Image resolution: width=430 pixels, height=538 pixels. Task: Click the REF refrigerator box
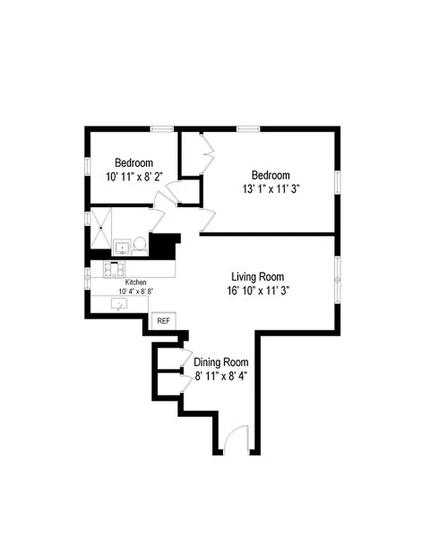pyautogui.click(x=163, y=321)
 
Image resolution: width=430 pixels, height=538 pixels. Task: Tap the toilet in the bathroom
pyautogui.click(x=140, y=244)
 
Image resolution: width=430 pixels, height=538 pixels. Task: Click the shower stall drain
pyautogui.click(x=101, y=227)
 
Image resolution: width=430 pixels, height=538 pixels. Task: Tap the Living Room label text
pyautogui.click(x=257, y=276)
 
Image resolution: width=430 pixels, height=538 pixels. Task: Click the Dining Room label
pyautogui.click(x=221, y=362)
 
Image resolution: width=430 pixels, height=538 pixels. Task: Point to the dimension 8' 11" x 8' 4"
pyautogui.click(x=221, y=376)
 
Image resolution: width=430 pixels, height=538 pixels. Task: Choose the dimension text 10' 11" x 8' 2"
pyautogui.click(x=133, y=176)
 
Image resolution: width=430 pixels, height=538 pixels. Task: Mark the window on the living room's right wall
pyautogui.click(x=337, y=276)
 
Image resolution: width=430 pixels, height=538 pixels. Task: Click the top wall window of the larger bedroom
pyautogui.click(x=249, y=128)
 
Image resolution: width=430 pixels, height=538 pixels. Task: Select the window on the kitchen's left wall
pyautogui.click(x=87, y=278)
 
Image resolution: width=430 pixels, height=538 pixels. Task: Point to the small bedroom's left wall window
pyautogui.click(x=87, y=165)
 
